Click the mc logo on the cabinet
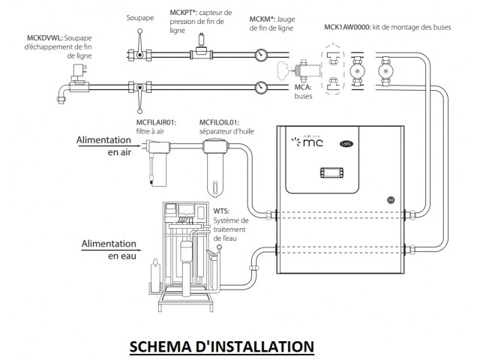pos(308,140)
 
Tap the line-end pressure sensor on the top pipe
pos(199,52)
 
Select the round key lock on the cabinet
pos(390,199)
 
